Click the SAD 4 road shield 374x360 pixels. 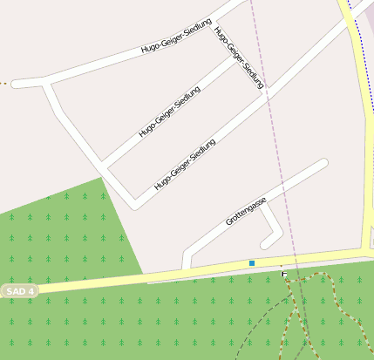click(19, 291)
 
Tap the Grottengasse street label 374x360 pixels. click(246, 211)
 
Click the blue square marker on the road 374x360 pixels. click(252, 262)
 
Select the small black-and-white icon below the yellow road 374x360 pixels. click(284, 274)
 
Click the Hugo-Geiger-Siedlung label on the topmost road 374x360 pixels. click(176, 40)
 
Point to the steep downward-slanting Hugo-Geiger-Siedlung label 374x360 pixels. click(238, 58)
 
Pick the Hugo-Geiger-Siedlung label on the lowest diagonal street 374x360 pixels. click(185, 164)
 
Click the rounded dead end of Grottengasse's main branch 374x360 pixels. click(323, 163)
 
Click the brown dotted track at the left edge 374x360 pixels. click(4, 84)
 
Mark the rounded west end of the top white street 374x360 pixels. click(17, 84)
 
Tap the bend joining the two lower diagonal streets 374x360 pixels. click(133, 205)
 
